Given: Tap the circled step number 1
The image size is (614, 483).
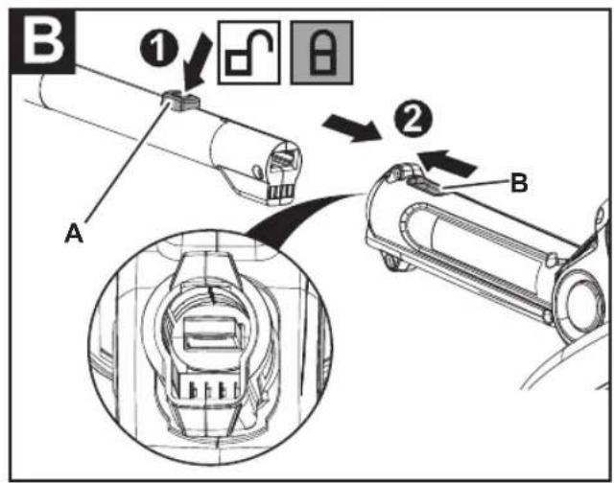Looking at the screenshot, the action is coord(159,49).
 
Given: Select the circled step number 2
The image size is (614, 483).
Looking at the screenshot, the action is coord(413,119).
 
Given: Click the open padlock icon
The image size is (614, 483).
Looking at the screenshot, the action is coord(249,53).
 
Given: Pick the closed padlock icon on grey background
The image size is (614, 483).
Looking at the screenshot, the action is coord(321,53).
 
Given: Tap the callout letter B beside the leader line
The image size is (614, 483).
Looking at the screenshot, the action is coord(519,182).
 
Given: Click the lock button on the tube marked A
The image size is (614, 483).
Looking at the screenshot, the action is coord(180,100).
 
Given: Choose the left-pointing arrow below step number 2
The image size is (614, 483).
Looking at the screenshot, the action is coord(447,162).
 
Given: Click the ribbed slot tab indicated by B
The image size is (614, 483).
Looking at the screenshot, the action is coord(425,184).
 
